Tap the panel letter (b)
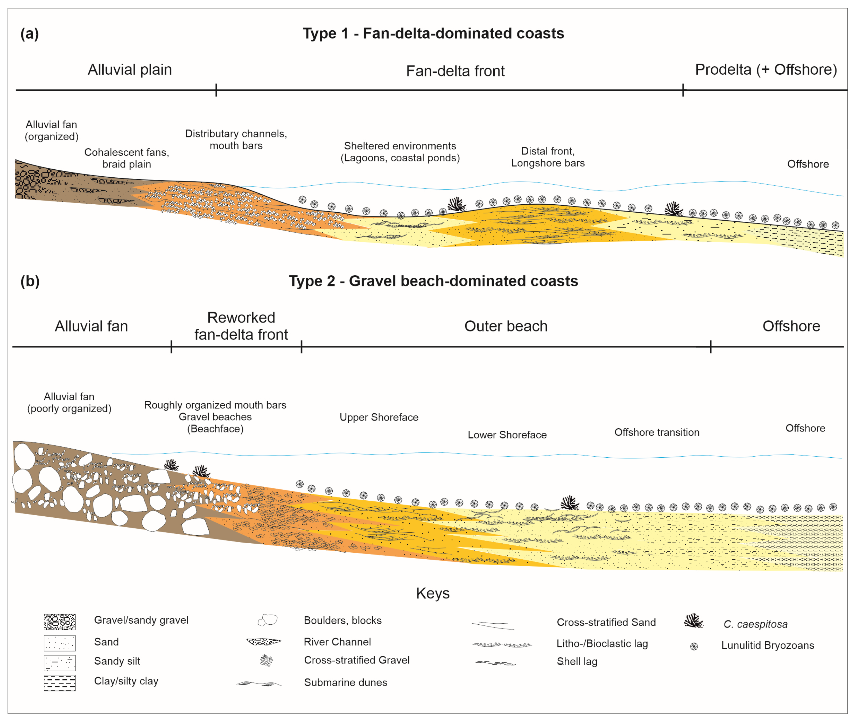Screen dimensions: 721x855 pyautogui.click(x=30, y=281)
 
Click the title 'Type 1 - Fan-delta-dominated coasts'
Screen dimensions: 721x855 pyautogui.click(x=433, y=33)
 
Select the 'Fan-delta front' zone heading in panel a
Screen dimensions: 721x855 pyautogui.click(x=455, y=71)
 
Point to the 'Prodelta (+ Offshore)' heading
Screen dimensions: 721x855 pyautogui.click(x=766, y=69)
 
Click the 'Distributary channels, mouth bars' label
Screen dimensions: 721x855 pyautogui.click(x=236, y=139)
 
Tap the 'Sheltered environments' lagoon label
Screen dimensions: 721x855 pyautogui.click(x=400, y=152)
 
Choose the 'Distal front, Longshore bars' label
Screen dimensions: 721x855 pyautogui.click(x=548, y=157)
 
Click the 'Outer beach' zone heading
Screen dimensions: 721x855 pyautogui.click(x=506, y=326)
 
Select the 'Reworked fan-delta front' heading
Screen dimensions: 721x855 pyautogui.click(x=241, y=326)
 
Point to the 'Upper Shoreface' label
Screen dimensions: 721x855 pyautogui.click(x=379, y=417)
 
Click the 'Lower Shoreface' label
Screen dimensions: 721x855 pyautogui.click(x=507, y=435)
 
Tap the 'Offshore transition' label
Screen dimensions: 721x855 pyautogui.click(x=657, y=432)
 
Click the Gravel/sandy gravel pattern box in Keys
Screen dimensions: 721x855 pyautogui.click(x=60, y=622)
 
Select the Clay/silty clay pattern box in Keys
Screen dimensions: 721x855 pyautogui.click(x=60, y=683)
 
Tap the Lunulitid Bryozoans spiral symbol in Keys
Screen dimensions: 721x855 pyautogui.click(x=694, y=646)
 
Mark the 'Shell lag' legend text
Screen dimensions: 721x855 pyautogui.click(x=577, y=661)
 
